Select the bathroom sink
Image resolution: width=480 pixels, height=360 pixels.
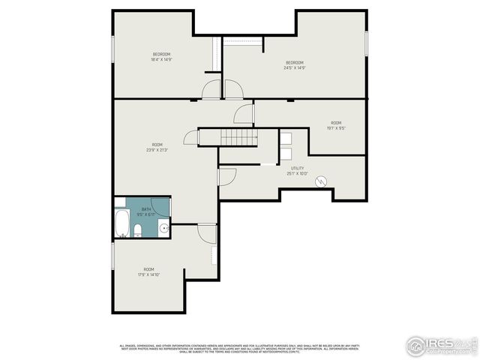coord(163,229)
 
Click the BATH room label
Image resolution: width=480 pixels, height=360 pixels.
coord(146,209)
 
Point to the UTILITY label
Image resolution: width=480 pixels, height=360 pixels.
coord(298,169)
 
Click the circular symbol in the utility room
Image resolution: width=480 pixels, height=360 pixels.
coord(321,181)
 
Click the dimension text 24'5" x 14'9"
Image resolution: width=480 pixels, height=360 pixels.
coord(294,67)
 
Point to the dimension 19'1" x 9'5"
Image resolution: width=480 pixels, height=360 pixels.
coord(335,128)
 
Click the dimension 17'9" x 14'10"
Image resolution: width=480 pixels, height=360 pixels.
coord(149,274)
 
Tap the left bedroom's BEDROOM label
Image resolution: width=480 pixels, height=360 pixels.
coord(162,54)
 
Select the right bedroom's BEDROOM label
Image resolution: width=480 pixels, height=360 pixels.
coord(294,61)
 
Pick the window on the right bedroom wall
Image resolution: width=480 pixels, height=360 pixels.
coord(367,43)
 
